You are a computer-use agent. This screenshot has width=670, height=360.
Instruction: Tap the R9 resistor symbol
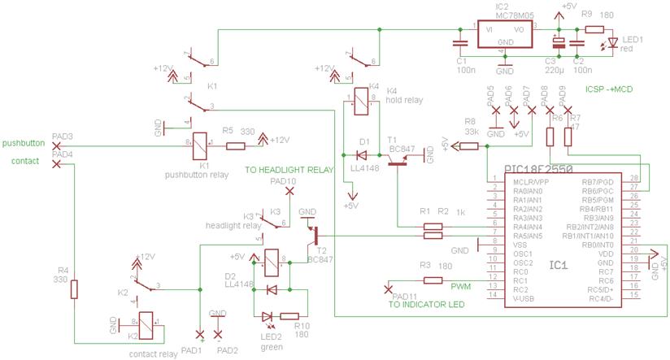pos(594,29)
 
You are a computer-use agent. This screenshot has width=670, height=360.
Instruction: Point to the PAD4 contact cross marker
pos(55,163)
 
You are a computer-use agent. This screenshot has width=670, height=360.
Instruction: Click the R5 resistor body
pos(236,146)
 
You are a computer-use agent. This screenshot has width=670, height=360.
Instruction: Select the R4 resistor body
pos(75,289)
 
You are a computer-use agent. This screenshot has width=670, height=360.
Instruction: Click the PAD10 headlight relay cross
pos(289,192)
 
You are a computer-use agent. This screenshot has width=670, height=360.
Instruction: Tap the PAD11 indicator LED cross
pos(386,288)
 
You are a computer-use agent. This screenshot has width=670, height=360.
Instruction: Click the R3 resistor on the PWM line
pos(433,280)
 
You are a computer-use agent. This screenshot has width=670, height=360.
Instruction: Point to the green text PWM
pos(461,287)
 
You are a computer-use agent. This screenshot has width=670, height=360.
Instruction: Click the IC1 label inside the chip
pos(559,266)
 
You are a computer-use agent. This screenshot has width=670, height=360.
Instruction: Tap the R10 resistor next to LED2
pos(290,317)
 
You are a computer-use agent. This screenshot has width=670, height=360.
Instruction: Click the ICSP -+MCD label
pos(609,89)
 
